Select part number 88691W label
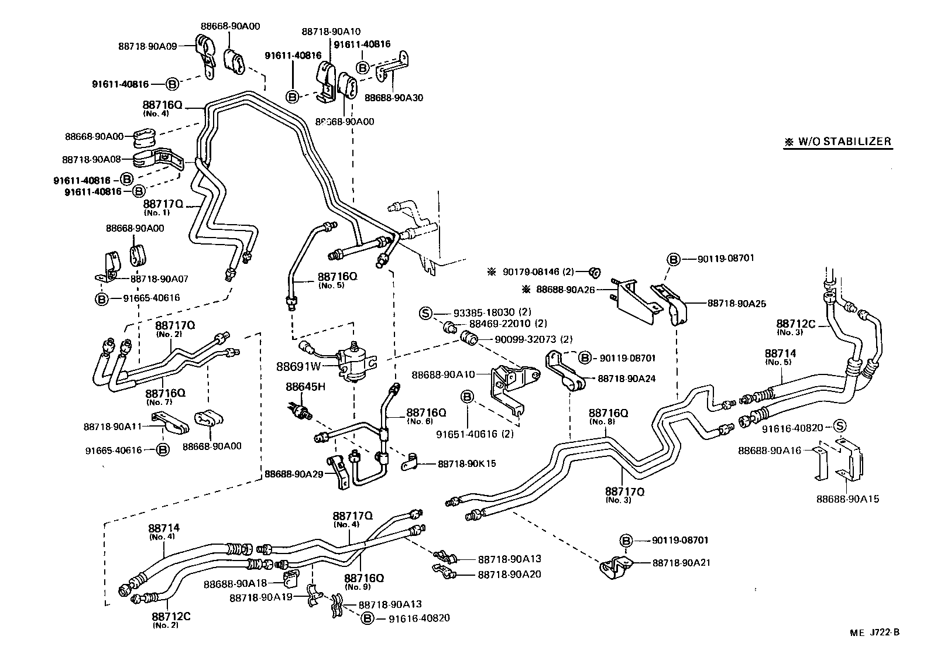pyautogui.click(x=298, y=367)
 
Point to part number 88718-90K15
pyautogui.click(x=466, y=463)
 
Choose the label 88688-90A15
pyautogui.click(x=847, y=499)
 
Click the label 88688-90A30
pyautogui.click(x=393, y=98)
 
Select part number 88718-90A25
pyautogui.click(x=736, y=303)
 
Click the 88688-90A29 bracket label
pyautogui.click(x=294, y=473)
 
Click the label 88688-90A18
pyautogui.click(x=235, y=583)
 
